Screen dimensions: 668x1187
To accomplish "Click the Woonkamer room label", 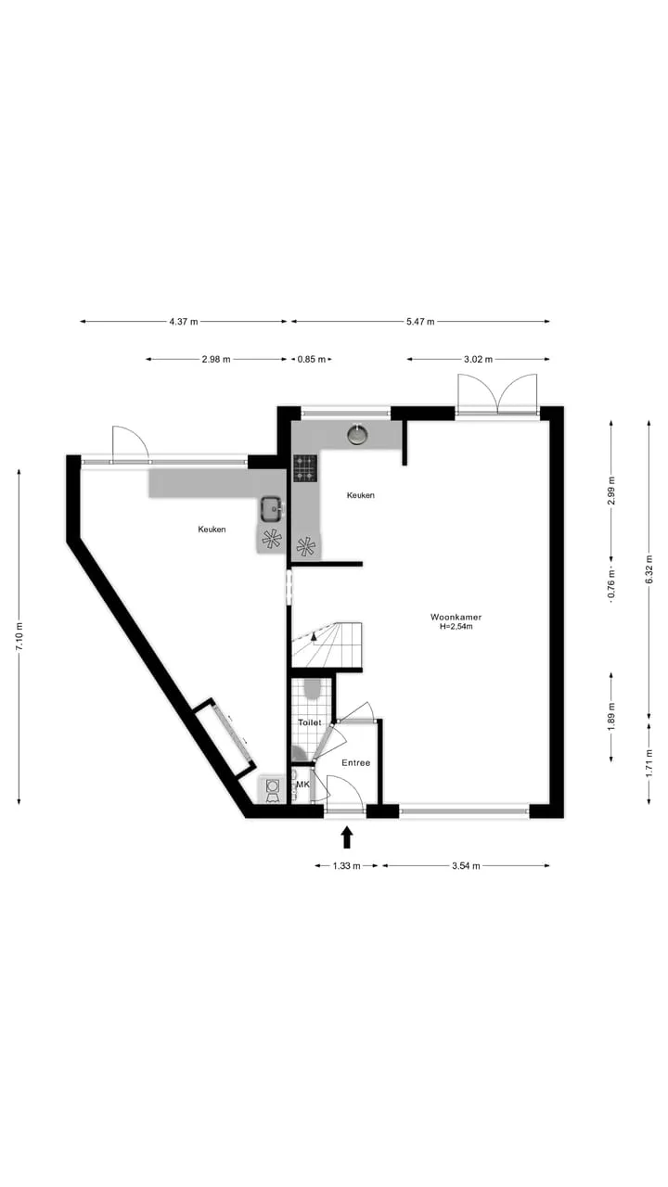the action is point(456,617).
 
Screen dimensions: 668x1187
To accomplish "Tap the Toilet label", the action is point(310,722).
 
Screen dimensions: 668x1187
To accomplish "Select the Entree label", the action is point(355,762).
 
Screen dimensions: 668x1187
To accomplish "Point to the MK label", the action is point(302,785).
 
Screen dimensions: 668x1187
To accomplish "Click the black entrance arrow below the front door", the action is point(347,837).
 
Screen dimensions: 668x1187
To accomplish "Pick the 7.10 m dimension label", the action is point(19,636).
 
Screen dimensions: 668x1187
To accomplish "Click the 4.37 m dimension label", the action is point(184,321).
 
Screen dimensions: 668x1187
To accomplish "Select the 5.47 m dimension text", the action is point(420,321).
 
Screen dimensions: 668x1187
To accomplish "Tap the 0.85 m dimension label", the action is point(311,359).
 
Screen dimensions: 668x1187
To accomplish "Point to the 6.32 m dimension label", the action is point(649,568).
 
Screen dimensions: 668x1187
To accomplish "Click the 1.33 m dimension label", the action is point(346,866).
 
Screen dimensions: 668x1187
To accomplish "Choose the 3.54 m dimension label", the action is point(466,866).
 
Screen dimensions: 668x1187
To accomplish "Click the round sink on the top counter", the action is point(358,435).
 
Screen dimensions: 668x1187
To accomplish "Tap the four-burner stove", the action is point(305,468).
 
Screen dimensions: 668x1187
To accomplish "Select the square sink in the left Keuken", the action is point(273,509).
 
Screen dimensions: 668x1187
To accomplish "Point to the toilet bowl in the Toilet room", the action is point(313,689).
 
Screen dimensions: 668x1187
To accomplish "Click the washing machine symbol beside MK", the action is point(273,789).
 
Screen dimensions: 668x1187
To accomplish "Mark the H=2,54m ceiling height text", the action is point(456,626).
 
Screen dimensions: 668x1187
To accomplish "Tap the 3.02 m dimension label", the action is point(478,359).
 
